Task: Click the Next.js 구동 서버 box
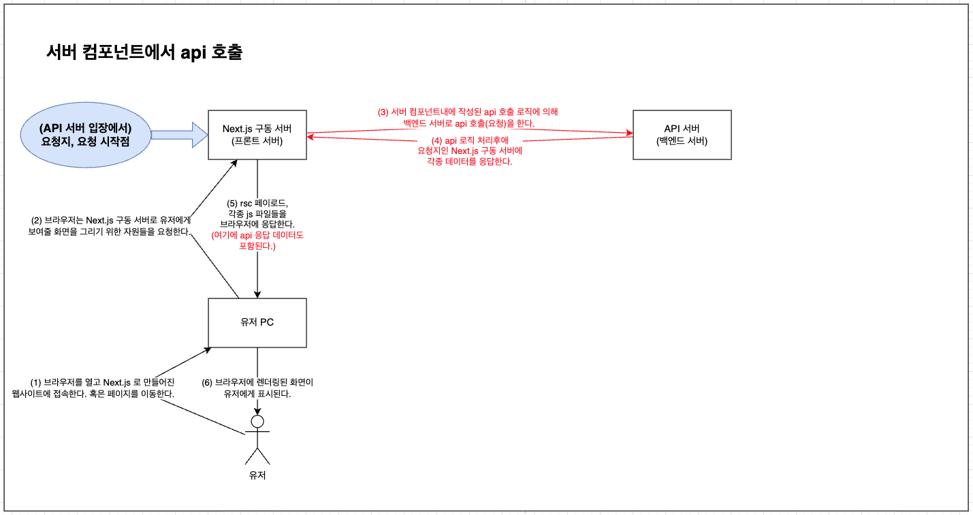257,135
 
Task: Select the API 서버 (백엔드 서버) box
682,135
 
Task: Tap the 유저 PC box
257,322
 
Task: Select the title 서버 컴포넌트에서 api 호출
144,52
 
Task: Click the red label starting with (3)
468,117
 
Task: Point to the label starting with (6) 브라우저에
257,388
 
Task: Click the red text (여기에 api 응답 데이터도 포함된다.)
257,240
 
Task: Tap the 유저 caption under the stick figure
257,475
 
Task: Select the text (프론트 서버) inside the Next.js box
257,141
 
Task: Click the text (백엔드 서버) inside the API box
682,141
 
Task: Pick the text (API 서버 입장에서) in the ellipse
85,128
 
